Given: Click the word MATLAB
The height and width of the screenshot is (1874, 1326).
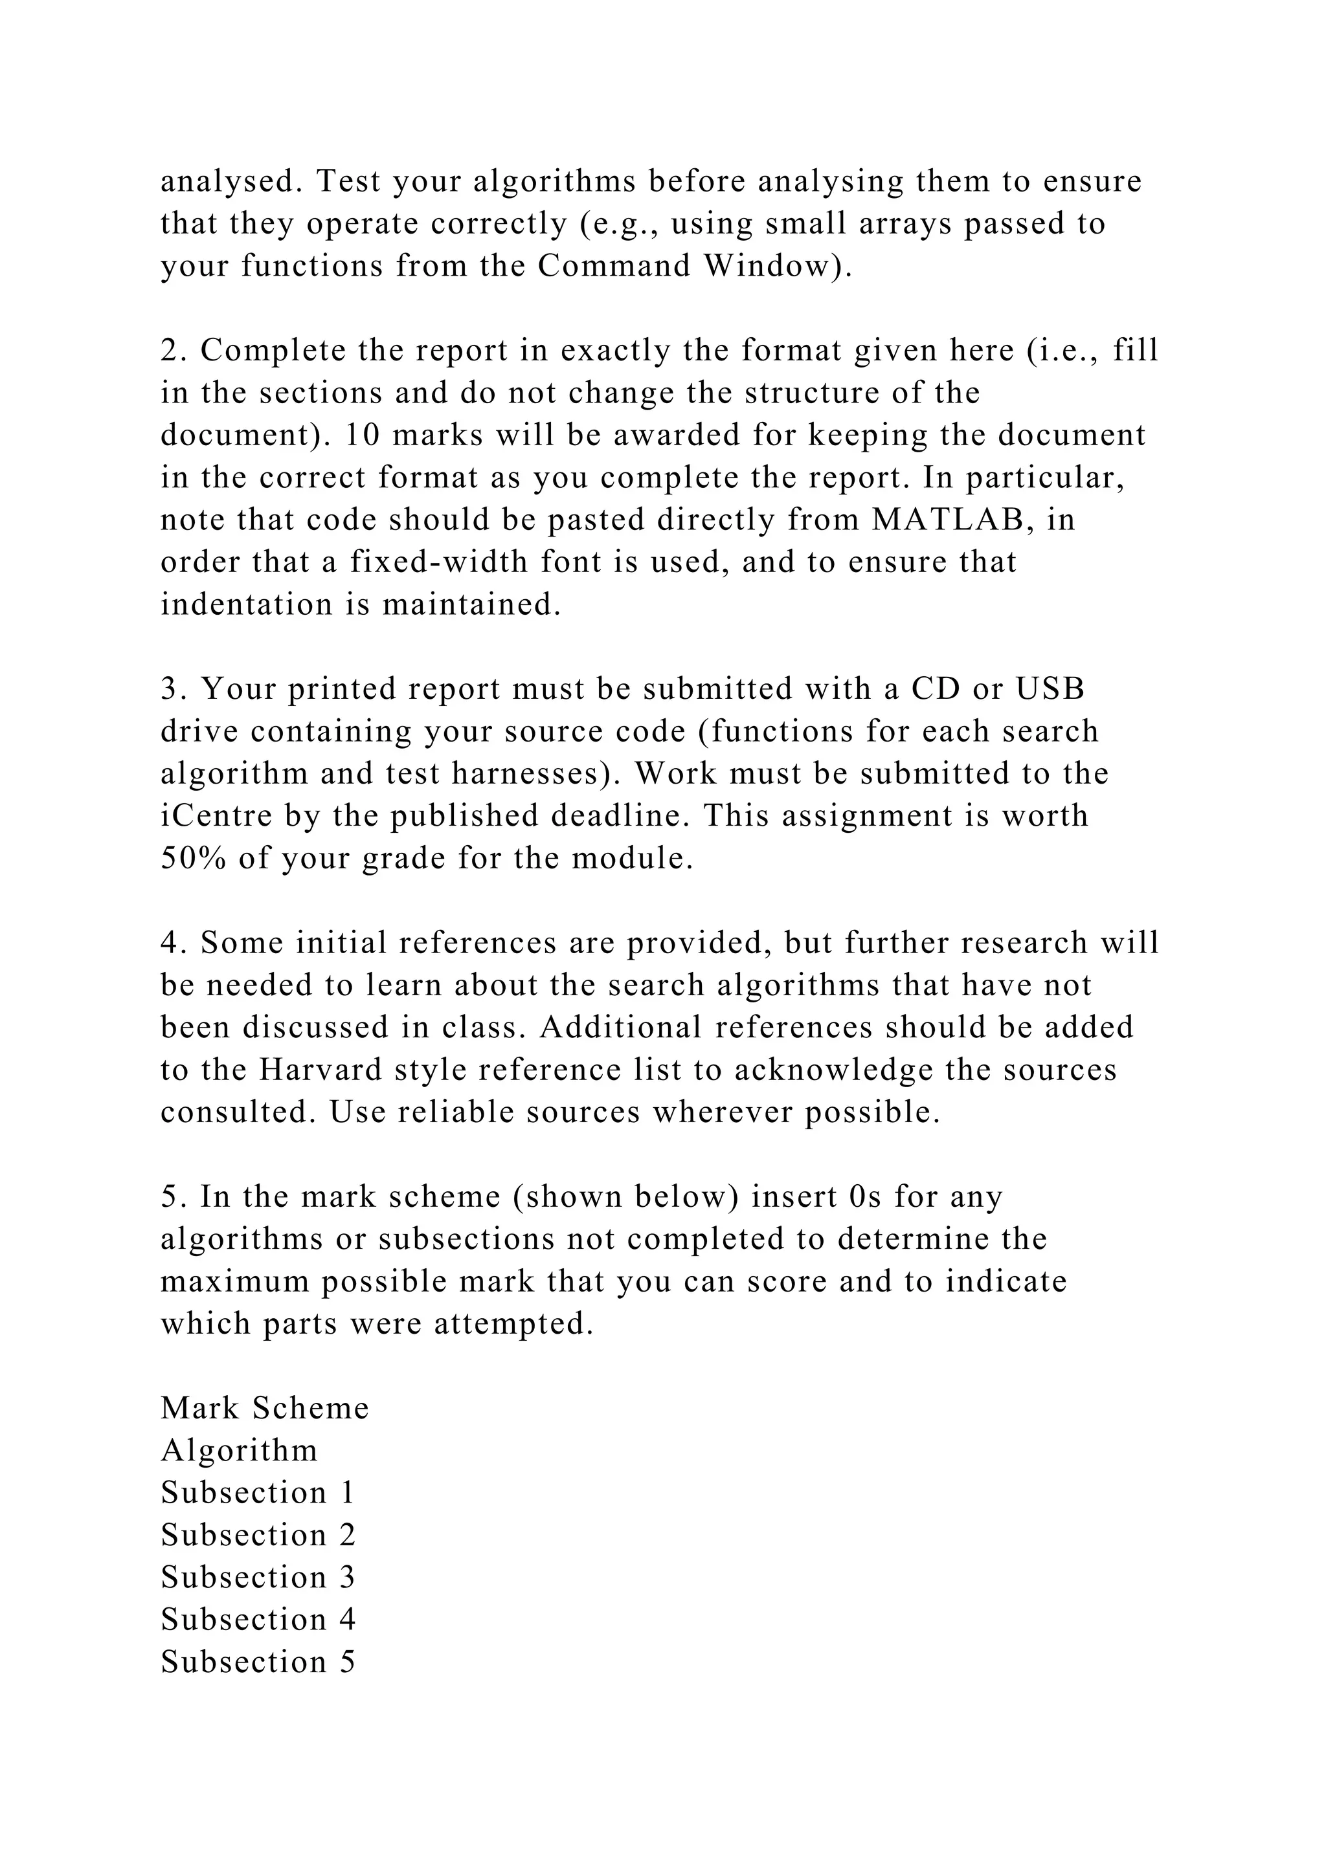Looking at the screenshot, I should click(948, 520).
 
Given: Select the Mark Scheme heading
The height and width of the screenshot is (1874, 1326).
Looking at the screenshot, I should click(265, 1409).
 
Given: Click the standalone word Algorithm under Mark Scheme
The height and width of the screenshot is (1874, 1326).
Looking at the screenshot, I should click(239, 1450).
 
